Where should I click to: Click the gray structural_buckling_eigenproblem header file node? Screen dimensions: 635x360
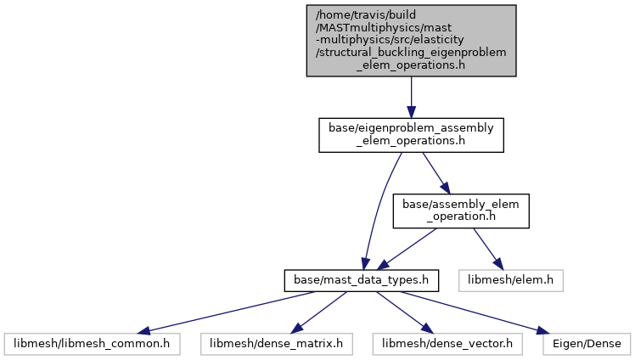pyautogui.click(x=411, y=41)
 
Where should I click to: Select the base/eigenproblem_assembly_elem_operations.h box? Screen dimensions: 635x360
pyautogui.click(x=411, y=135)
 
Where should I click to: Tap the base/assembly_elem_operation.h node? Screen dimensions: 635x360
pyautogui.click(x=461, y=211)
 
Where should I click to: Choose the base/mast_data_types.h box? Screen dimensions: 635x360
pyautogui.click(x=362, y=281)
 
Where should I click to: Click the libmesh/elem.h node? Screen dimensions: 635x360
pyautogui.click(x=511, y=281)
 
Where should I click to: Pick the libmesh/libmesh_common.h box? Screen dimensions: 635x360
pyautogui.click(x=92, y=344)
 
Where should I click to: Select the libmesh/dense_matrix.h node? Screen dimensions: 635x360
pyautogui.click(x=276, y=344)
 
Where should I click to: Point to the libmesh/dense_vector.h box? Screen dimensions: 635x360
pyautogui.click(x=447, y=344)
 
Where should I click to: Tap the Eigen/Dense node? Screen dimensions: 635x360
pyautogui.click(x=587, y=344)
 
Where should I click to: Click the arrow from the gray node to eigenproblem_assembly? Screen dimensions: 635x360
pyautogui.click(x=411, y=97)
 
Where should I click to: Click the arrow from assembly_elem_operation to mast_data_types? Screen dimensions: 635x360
pyautogui.click(x=407, y=249)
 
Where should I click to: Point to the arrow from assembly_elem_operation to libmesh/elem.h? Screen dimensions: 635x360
pyautogui.click(x=488, y=249)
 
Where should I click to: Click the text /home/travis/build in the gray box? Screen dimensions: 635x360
pyautogui.click(x=366, y=15)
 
